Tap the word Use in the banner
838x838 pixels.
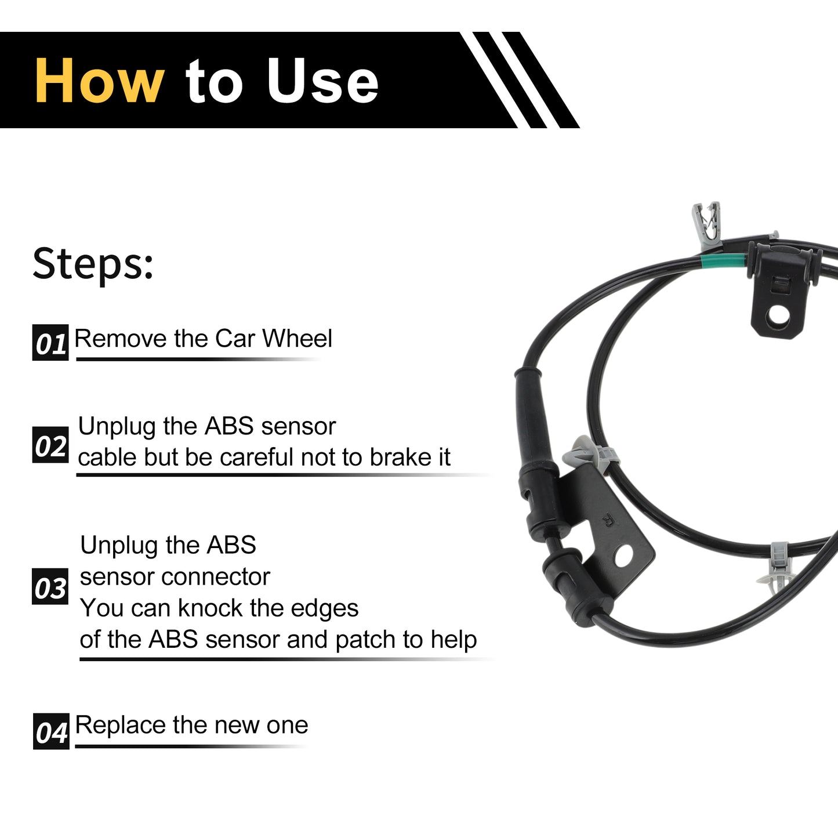[322, 81]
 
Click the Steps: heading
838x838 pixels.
[93, 264]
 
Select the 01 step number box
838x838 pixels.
[50, 342]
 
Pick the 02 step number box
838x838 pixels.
[50, 444]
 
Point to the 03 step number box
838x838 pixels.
[50, 586]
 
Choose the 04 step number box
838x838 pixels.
[51, 731]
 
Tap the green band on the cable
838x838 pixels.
[724, 261]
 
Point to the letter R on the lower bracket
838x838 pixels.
[607, 520]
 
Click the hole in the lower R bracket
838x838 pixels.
[624, 557]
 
